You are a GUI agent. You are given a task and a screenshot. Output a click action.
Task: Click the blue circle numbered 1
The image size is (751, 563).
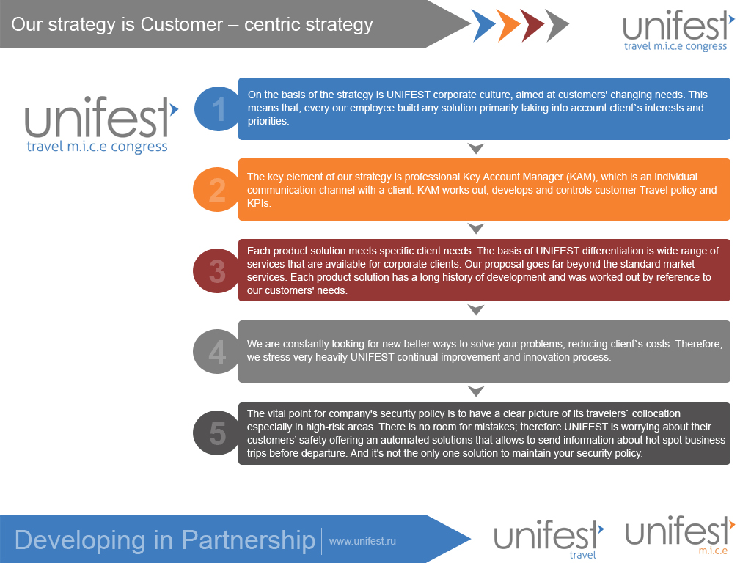pos(217,108)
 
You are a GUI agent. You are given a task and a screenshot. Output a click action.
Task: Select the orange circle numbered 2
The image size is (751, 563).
pos(216,189)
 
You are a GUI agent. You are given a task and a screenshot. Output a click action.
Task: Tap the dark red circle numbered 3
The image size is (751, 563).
pos(216,271)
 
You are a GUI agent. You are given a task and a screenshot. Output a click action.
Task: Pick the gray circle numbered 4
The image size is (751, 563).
pos(216,351)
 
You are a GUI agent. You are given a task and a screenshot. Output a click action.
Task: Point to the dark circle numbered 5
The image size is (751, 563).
pos(216,433)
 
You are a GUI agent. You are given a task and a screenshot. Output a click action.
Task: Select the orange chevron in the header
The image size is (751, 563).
pos(508,26)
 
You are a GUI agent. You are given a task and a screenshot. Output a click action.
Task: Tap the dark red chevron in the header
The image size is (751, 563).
pos(532,26)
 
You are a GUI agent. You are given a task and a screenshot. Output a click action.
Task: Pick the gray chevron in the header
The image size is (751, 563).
pos(557,26)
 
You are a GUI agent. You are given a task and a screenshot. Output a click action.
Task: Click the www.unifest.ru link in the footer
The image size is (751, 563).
pos(362,541)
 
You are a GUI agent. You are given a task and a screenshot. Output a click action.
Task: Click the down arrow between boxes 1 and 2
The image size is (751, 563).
pos(476,149)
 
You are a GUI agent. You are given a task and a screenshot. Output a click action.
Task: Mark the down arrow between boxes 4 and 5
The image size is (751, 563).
pos(476,391)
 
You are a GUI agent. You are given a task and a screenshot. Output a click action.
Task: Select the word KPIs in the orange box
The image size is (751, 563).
pos(260,203)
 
